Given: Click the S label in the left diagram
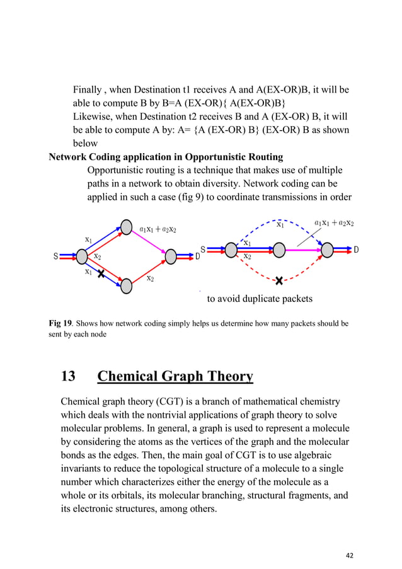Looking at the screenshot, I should [56, 256].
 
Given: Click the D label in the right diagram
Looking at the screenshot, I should [356, 250].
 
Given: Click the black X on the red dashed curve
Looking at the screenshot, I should [279, 280].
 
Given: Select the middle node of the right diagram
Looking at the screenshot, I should [279, 250].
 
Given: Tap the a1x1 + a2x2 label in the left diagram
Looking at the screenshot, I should [158, 229].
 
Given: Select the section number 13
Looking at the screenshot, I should [68, 377].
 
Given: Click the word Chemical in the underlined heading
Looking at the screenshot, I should [129, 377].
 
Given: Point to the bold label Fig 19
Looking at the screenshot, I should [60, 323].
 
